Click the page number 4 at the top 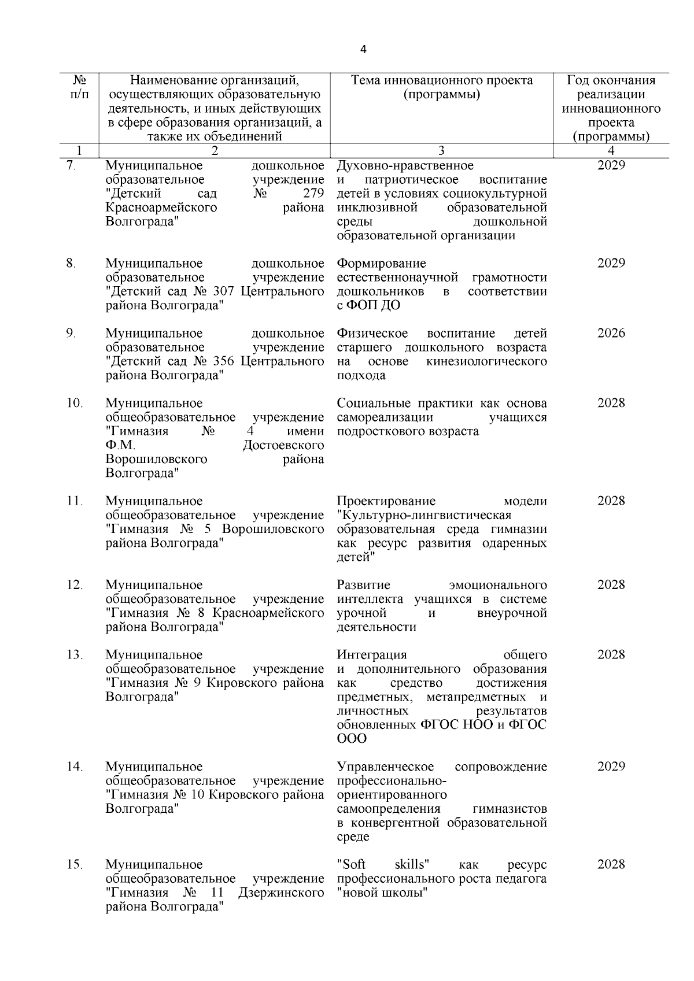pos(363,50)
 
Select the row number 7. pos(71,166)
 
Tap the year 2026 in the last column pos(611,334)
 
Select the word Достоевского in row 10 pos(283,445)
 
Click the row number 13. pos(75,654)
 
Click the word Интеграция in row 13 pos(372,654)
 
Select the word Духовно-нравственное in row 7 pos(405,166)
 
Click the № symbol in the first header pos(80,80)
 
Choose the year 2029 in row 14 pos(611,767)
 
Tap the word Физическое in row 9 pos(372,334)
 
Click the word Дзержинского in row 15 pos(280,893)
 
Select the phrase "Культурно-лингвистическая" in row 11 pos(424,515)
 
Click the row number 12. pos(75,584)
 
